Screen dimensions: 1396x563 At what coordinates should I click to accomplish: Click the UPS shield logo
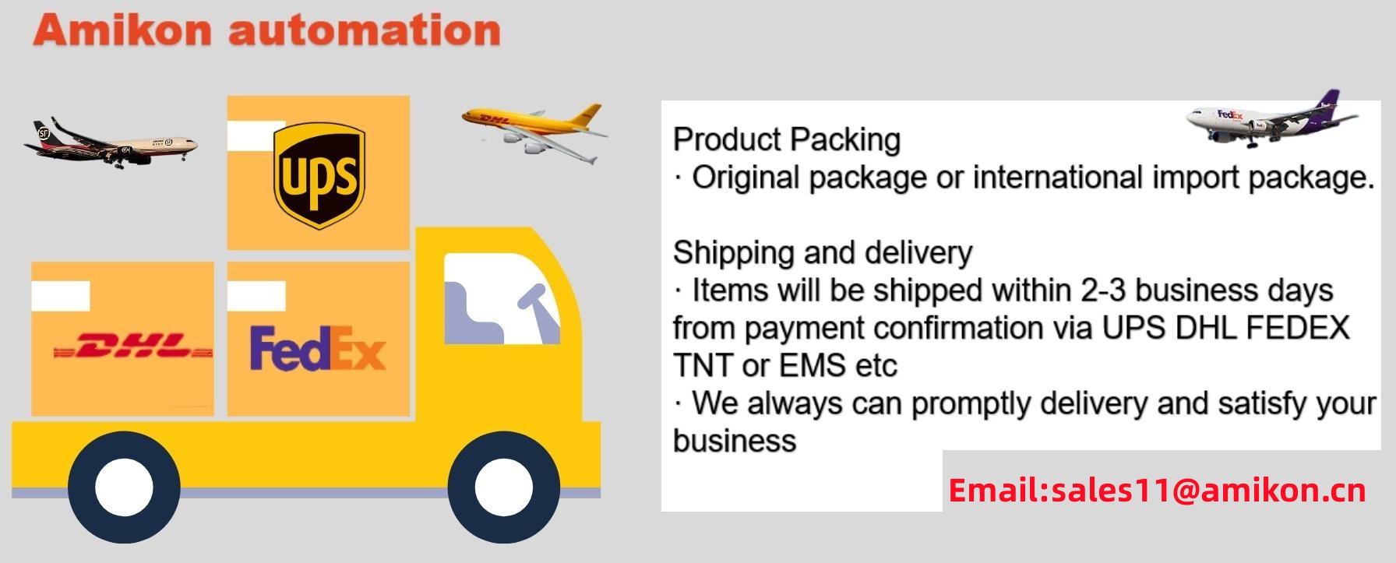coord(319,176)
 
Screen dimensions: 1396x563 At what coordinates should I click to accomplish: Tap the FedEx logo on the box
coord(318,348)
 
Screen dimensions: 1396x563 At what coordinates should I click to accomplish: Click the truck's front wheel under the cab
coord(504,488)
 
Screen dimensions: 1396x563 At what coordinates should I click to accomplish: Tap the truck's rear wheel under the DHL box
coord(125,488)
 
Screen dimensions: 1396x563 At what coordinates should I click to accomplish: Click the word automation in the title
coord(365,30)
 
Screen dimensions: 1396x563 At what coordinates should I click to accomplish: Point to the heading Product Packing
coord(787,140)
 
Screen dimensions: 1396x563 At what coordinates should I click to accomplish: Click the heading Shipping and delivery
coord(823,252)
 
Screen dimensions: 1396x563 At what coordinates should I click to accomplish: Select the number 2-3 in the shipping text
coord(1102,290)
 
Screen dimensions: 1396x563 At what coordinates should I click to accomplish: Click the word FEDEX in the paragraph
coord(1298,327)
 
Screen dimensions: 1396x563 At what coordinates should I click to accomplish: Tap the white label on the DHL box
coord(61,297)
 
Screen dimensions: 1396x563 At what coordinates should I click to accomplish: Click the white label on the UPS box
coord(256,135)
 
